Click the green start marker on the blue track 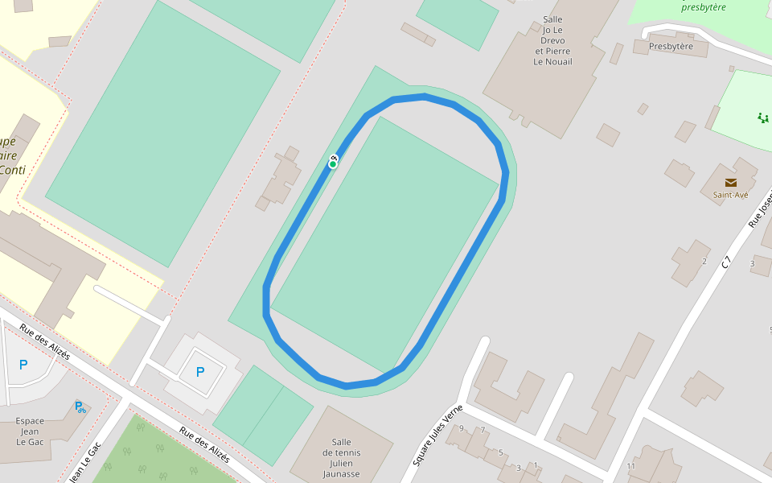332,164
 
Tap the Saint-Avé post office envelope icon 730,183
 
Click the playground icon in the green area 762,118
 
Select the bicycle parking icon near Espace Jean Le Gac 80,407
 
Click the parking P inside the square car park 200,372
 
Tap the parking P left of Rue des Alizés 23,365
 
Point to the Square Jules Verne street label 437,435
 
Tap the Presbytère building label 670,46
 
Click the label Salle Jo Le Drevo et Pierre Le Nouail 553,39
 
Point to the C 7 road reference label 726,262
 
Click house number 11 630,466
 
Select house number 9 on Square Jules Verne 462,428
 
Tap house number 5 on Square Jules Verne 500,452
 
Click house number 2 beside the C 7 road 704,261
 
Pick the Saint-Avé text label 730,194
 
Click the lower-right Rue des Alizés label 204,444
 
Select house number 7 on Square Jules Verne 482,430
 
